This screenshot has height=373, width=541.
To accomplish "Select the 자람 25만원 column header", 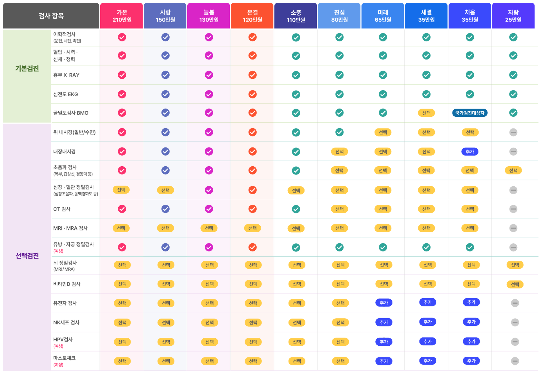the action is [x=513, y=16].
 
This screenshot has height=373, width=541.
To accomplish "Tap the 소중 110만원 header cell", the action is [x=296, y=16].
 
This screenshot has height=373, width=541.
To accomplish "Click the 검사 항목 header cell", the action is [x=51, y=16].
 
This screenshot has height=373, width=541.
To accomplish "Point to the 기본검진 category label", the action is [x=27, y=69].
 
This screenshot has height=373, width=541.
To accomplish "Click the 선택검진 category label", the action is [x=27, y=256].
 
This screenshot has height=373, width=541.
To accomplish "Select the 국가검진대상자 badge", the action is [x=470, y=113].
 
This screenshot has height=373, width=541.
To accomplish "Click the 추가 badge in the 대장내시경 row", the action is [x=470, y=152].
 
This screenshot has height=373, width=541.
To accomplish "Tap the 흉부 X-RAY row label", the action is [x=66, y=75].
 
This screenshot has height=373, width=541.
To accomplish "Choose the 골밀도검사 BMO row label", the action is [x=71, y=113].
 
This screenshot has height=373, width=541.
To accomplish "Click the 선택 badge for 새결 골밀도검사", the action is [x=426, y=113].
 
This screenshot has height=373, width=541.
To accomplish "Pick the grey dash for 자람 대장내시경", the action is [x=513, y=152].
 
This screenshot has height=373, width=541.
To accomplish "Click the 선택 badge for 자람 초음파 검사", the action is [x=513, y=170].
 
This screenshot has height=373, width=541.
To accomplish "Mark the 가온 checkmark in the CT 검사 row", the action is [x=122, y=209].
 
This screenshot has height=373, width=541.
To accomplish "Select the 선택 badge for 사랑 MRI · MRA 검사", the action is [x=165, y=228].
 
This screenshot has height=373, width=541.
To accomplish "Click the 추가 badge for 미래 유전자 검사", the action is [x=384, y=303].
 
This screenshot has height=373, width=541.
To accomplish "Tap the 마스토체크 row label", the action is [x=64, y=358].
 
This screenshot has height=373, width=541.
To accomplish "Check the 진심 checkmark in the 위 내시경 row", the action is [x=340, y=132].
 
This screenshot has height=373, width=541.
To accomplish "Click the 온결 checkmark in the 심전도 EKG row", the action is [x=252, y=94].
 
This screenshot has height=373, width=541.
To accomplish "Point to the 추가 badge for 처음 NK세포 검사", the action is [x=471, y=322].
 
